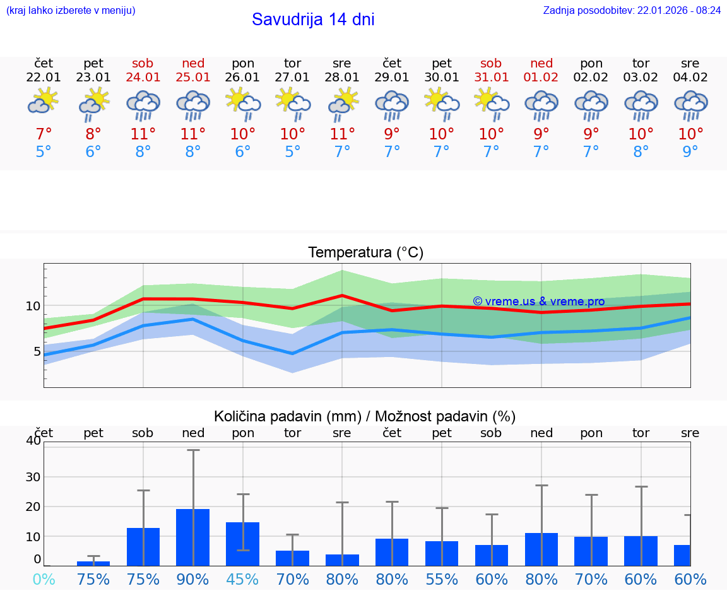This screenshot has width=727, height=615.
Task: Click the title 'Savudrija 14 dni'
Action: coord(313,20)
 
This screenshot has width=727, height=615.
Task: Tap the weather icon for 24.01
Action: coord(143,105)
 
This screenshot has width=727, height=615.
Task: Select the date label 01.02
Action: coord(541,78)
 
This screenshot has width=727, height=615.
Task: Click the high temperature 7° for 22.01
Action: coord(44,134)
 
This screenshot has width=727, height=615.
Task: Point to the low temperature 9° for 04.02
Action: coord(690,151)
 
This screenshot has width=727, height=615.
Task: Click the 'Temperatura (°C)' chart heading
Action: coord(365,253)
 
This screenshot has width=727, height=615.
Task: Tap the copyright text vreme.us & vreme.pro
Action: coord(538,302)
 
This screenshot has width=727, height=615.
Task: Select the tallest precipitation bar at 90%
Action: coord(192,537)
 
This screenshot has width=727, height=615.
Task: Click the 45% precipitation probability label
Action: coord(243,579)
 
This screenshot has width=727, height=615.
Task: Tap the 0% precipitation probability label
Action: coord(44,579)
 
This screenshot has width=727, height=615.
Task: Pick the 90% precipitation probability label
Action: coord(193,579)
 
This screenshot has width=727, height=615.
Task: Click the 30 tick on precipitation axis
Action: coord(32,477)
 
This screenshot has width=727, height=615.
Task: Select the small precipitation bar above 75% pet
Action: coord(93,563)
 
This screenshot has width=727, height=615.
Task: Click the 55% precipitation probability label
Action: coord(442,579)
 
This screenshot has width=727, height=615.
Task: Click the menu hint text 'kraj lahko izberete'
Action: coord(71,11)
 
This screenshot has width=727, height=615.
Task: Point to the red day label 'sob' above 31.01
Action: coord(491,63)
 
